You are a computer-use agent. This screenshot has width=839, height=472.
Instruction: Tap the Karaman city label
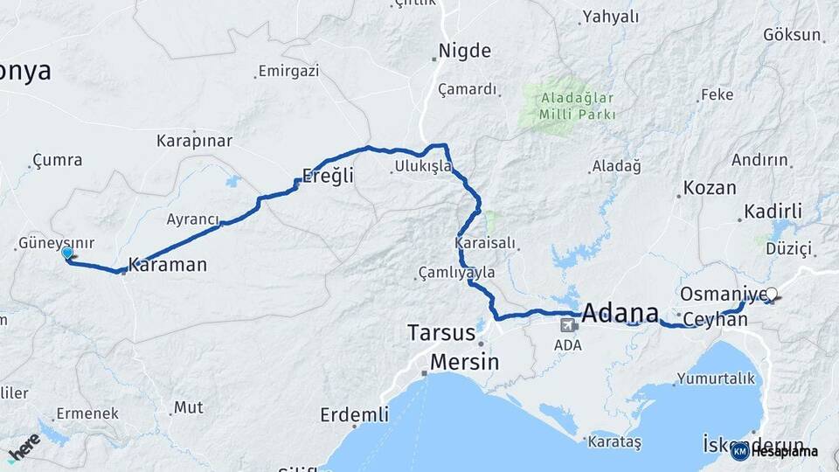168,263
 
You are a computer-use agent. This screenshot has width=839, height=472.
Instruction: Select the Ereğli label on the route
328,175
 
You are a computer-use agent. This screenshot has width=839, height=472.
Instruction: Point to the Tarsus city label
441,333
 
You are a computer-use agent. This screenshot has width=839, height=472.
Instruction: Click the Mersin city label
463,361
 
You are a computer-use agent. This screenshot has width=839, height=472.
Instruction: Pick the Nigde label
464,51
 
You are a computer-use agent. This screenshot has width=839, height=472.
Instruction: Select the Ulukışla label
422,166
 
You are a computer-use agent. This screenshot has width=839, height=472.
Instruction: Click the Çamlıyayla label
456,273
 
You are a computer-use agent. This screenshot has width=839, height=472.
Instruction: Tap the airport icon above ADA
568,326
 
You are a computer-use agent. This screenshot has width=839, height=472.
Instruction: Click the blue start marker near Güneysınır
67,253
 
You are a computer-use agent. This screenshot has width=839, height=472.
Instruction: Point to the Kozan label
710,188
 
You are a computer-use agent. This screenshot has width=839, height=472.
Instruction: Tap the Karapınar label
194,141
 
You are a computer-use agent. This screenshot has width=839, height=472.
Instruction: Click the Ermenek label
81,413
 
